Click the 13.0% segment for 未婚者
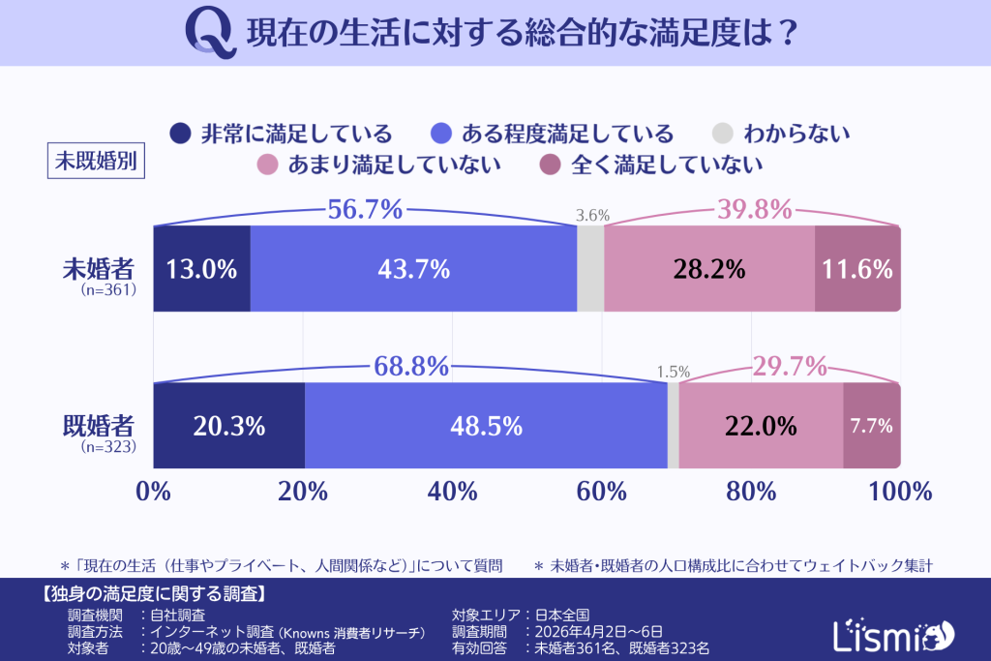[x=201, y=269]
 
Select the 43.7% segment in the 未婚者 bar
[x=413, y=269]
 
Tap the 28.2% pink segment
[x=708, y=269]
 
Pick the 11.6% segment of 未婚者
[x=857, y=269]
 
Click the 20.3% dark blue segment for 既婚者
[x=229, y=426]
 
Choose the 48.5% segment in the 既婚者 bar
[x=486, y=426]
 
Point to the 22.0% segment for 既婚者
[x=761, y=426]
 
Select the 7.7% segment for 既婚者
[x=871, y=426]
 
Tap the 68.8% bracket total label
[x=411, y=367]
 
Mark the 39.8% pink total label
[x=754, y=209]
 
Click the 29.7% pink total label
[x=790, y=367]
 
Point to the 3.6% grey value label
[x=592, y=216]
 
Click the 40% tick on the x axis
[x=451, y=491]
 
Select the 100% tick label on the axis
[x=900, y=491]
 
